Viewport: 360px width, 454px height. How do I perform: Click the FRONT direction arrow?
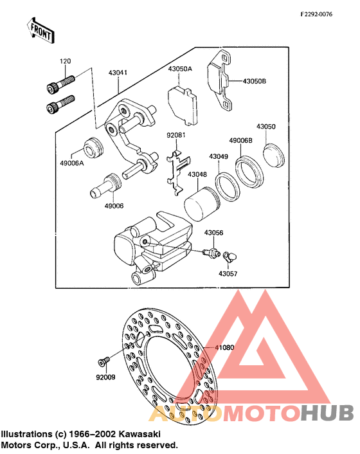(x=40, y=31)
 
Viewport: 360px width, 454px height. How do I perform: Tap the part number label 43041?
(x=118, y=73)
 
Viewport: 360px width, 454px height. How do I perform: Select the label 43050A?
(x=180, y=69)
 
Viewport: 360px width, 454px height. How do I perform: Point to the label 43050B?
(x=255, y=81)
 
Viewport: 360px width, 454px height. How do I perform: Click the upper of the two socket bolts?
(x=61, y=84)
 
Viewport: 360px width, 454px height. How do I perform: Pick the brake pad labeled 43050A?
(x=183, y=105)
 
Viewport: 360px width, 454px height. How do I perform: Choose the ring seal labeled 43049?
(x=228, y=186)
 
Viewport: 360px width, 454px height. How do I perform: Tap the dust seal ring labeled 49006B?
(x=249, y=172)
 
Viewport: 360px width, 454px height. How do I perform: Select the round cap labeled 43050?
(x=274, y=156)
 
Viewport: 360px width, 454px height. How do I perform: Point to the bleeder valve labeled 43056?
(x=212, y=253)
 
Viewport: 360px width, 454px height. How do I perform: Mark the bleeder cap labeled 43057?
(x=230, y=257)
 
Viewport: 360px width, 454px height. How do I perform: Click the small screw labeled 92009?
(x=104, y=361)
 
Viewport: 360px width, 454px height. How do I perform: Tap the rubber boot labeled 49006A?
(x=93, y=148)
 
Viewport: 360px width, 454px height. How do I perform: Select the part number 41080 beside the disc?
(x=224, y=347)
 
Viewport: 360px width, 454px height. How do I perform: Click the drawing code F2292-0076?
(x=316, y=14)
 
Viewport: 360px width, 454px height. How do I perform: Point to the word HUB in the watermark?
(x=328, y=412)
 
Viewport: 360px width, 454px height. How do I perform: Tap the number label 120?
(x=66, y=61)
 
